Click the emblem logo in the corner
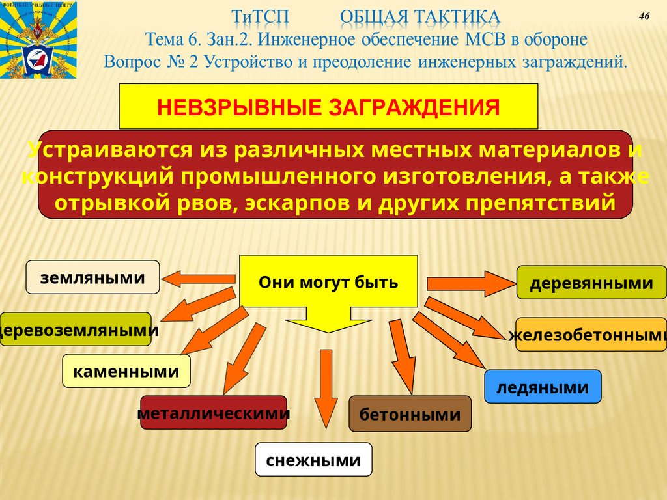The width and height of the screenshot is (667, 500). pos(38,40)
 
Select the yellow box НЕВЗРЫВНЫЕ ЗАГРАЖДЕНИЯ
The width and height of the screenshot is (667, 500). pos(328,106)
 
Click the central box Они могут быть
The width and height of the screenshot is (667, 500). pos(328,283)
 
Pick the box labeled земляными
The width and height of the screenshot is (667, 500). pos(92,277)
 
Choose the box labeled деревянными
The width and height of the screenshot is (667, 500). pos(591,283)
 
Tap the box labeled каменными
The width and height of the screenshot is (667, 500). pos(126,372)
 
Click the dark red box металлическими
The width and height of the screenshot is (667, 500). pos(214,413)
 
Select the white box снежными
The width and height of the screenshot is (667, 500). pos(313,460)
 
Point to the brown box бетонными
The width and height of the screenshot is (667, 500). pos(410,414)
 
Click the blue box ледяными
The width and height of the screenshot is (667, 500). pos(542,387)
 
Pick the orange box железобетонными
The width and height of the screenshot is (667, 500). pos(590,335)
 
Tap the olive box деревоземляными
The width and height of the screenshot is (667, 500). pos(77,329)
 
